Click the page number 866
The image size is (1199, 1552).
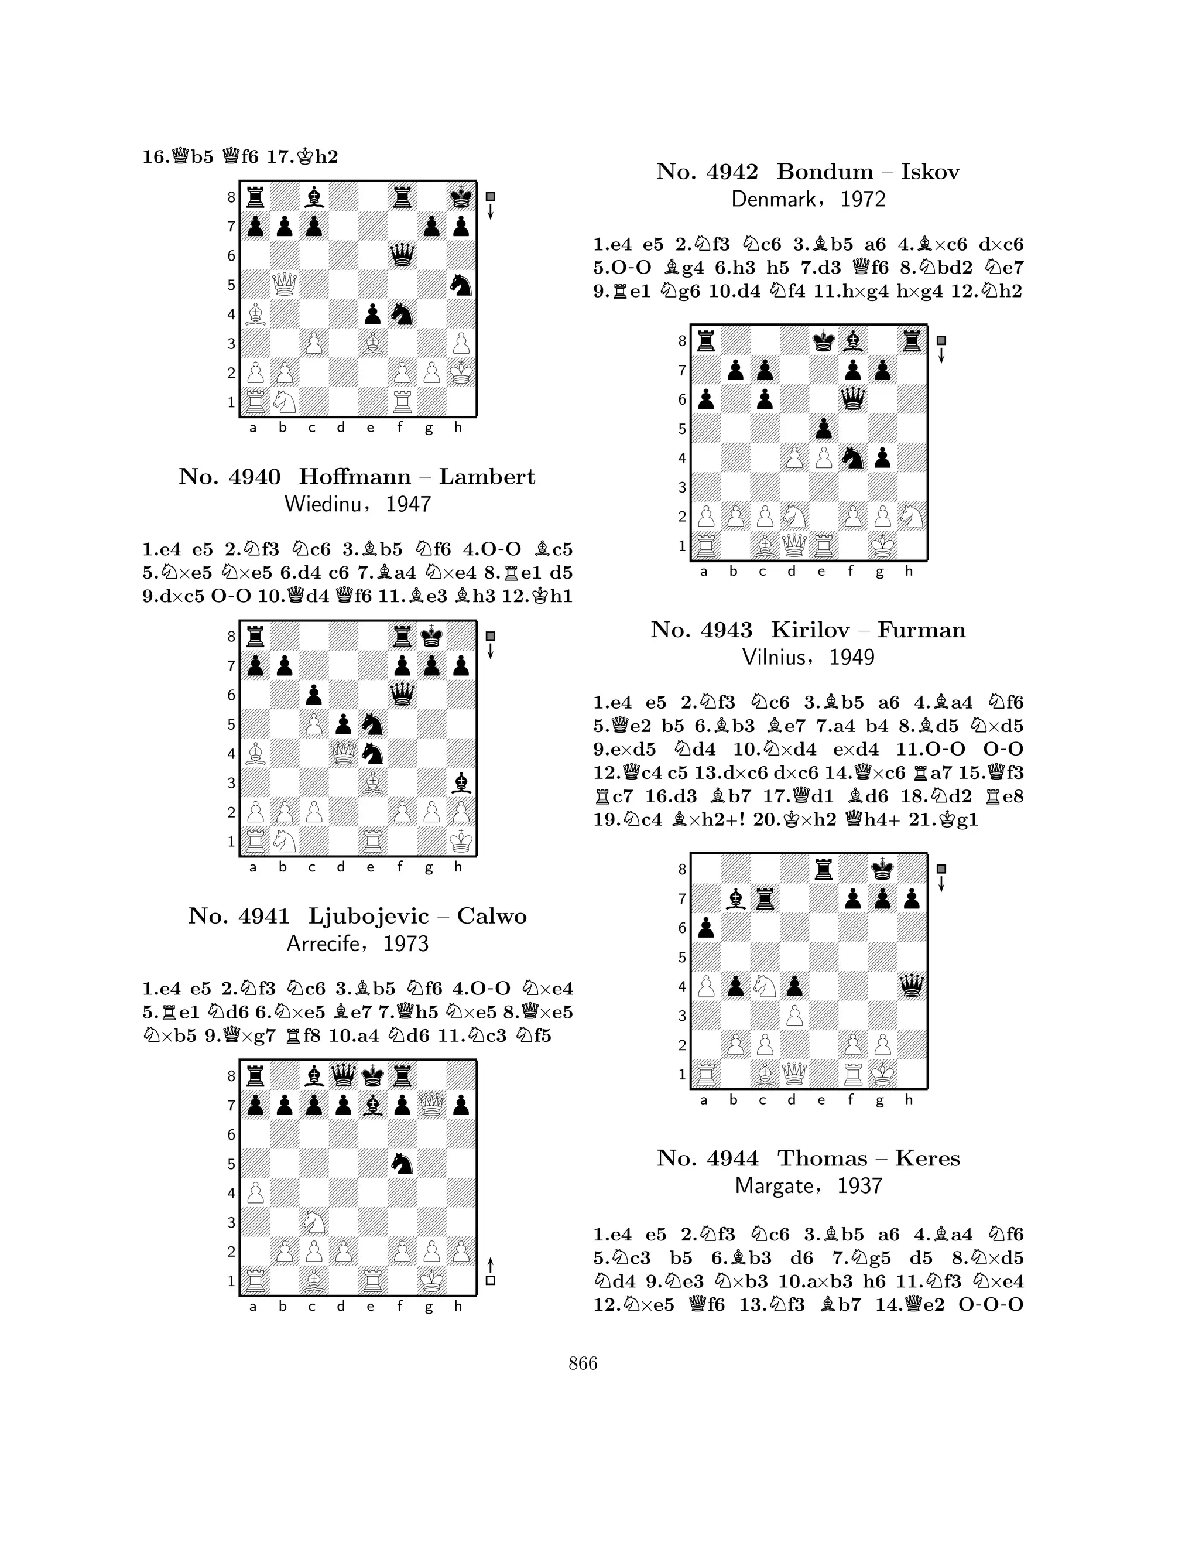583,1363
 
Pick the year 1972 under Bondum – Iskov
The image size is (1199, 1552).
863,199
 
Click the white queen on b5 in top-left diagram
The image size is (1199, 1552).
284,284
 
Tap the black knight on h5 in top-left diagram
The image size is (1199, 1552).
460,284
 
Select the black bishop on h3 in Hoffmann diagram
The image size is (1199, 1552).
460,782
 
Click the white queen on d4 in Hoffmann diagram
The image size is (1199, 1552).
343,753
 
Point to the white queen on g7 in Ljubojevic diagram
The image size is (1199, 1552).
431,1105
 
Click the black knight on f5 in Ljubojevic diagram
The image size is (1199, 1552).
402,1163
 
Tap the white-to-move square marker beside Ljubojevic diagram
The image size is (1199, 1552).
490,1280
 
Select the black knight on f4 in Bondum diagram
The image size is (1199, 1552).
852,459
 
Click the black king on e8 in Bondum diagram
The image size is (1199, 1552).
823,341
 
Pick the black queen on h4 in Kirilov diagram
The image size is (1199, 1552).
912,986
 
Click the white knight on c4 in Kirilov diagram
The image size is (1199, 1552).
763,986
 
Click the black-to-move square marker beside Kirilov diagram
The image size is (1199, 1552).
941,869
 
